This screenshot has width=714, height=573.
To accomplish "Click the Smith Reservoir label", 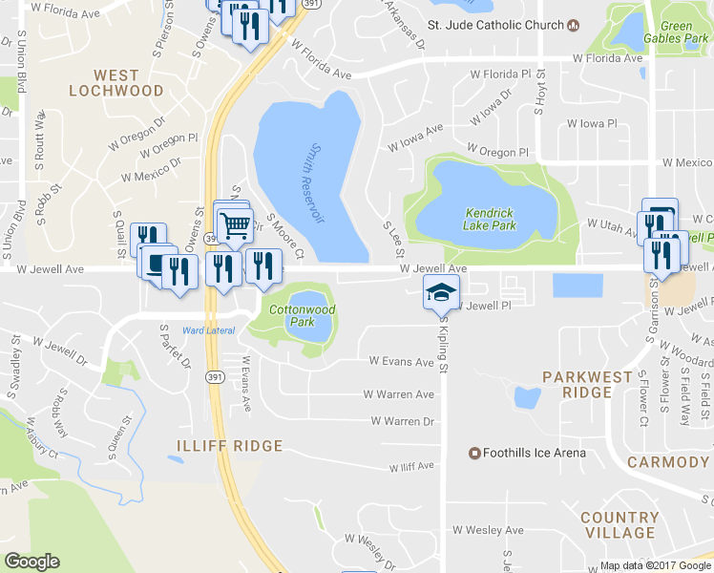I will pyautogui.click(x=316, y=183).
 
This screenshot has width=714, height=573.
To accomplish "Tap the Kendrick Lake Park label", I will pyautogui.click(x=489, y=219).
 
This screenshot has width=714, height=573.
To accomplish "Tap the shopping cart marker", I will pyautogui.click(x=233, y=225).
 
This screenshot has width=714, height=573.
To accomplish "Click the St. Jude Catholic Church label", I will pyautogui.click(x=495, y=25).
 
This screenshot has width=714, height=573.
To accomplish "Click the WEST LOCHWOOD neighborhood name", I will pyautogui.click(x=116, y=82).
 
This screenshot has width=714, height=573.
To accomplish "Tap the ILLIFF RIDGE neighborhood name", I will pyautogui.click(x=229, y=446).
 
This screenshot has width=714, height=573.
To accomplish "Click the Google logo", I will pyautogui.click(x=31, y=562).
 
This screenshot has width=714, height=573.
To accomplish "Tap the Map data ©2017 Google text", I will pyautogui.click(x=655, y=565).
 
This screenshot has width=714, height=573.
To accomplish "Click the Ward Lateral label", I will pyautogui.click(x=208, y=331).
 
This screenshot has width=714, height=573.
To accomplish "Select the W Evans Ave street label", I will pyautogui.click(x=402, y=362).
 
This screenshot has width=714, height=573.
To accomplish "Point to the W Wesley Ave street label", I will pyautogui.click(x=488, y=530).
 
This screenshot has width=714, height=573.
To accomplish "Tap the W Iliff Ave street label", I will pyautogui.click(x=410, y=466).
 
